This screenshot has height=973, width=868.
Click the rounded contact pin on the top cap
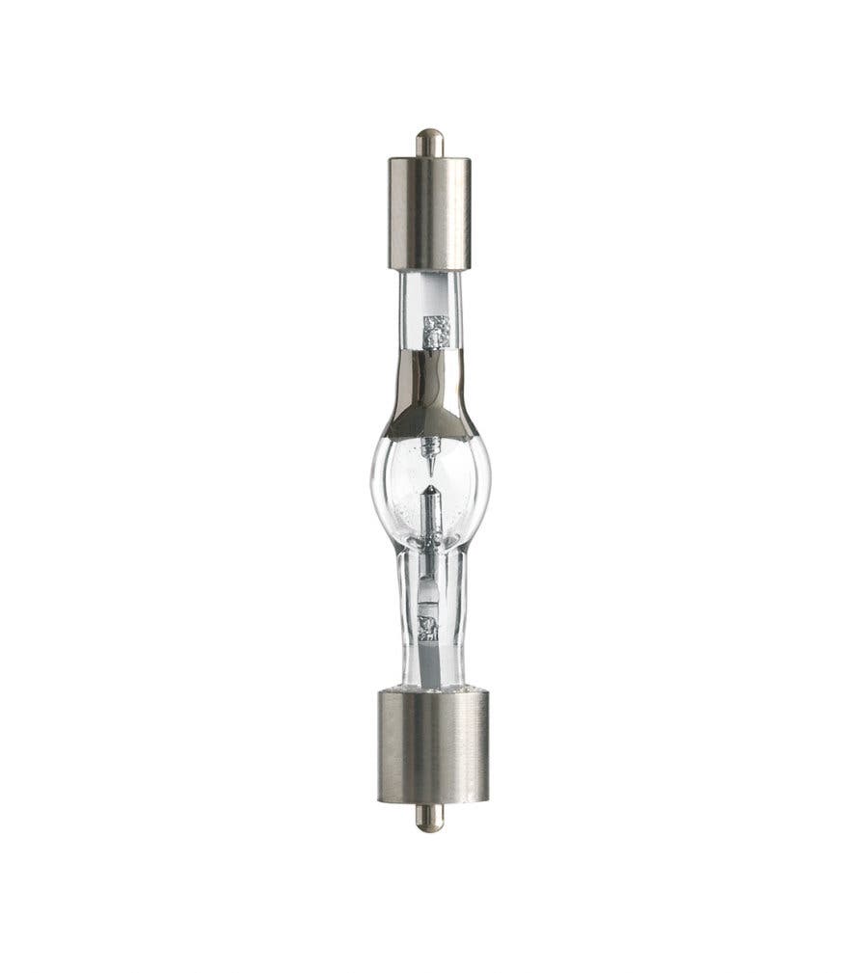coord(429,143)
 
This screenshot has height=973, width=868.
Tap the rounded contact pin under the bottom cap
coord(429,817)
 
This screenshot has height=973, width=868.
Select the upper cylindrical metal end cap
coord(429,212)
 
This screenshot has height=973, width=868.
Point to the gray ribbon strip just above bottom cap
coord(428,665)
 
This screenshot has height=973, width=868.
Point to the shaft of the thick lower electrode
coord(430,516)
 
